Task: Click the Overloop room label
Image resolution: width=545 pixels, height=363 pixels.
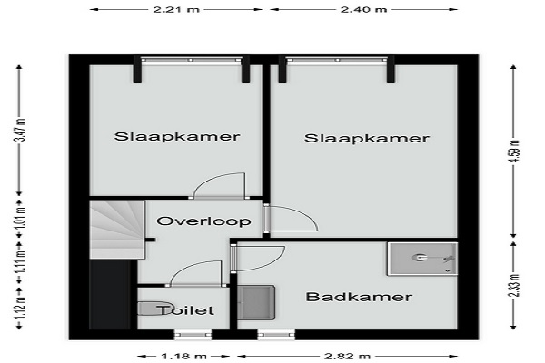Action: (203, 221)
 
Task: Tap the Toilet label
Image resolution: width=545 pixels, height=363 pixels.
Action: (185, 310)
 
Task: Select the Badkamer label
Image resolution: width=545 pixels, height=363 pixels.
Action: (359, 297)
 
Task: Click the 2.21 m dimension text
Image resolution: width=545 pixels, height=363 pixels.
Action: (176, 9)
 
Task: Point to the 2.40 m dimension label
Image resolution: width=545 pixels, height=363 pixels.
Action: (363, 9)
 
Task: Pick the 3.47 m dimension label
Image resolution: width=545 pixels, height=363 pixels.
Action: (21, 130)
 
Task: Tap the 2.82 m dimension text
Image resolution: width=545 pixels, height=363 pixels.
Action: (347, 356)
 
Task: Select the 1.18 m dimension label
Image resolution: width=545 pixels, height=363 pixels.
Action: (183, 356)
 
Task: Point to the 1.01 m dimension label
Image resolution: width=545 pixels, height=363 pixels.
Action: (21, 217)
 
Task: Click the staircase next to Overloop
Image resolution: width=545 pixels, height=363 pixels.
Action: (117, 230)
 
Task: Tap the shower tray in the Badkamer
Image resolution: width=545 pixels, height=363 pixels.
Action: (422, 259)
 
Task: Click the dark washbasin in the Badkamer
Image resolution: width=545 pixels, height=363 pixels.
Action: (256, 302)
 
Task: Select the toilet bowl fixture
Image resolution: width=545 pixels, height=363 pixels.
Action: (153, 309)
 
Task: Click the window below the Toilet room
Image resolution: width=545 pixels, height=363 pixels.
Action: (193, 335)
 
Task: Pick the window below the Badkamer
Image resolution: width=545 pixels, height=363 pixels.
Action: (276, 335)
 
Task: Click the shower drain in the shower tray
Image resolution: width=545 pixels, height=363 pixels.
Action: (447, 270)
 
